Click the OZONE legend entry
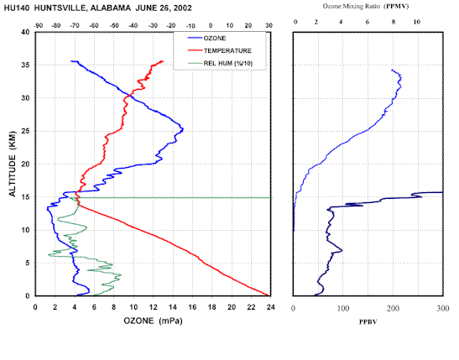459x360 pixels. (206, 39)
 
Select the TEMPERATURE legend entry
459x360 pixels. (220, 50)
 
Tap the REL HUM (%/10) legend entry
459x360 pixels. (220, 63)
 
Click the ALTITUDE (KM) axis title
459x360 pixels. (13, 164)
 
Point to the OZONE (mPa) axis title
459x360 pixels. (153, 321)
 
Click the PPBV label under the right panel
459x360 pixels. (368, 322)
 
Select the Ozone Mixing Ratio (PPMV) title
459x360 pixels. (366, 6)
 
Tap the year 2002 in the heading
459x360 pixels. (183, 8)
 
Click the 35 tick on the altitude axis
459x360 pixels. (25, 65)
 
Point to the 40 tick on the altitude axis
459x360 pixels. (25, 32)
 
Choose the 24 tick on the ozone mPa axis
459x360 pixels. (271, 307)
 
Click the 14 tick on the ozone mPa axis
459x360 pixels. (173, 307)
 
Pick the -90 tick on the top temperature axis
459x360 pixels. (39, 26)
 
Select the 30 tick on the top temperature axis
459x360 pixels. (269, 26)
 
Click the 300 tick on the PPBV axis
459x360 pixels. (443, 308)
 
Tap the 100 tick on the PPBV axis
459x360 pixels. (343, 308)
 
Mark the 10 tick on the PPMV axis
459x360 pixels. (416, 22)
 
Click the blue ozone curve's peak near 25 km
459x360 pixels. (183, 128)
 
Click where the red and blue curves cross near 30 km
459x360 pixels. (129, 96)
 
